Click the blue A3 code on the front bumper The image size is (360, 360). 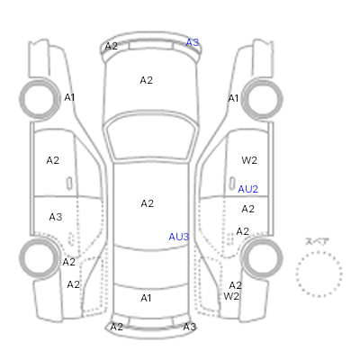(x=193, y=42)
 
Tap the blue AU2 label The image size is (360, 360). (x=247, y=189)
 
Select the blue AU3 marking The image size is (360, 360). (x=179, y=237)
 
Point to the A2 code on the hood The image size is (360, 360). (x=147, y=80)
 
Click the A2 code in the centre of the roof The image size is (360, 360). (x=147, y=203)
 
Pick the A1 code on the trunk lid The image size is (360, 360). (x=146, y=298)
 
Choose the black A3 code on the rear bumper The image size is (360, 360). (x=190, y=327)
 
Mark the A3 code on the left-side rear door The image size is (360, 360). (x=56, y=217)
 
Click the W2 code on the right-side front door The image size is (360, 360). (x=249, y=160)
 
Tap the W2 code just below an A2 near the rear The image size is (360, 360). (x=231, y=296)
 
